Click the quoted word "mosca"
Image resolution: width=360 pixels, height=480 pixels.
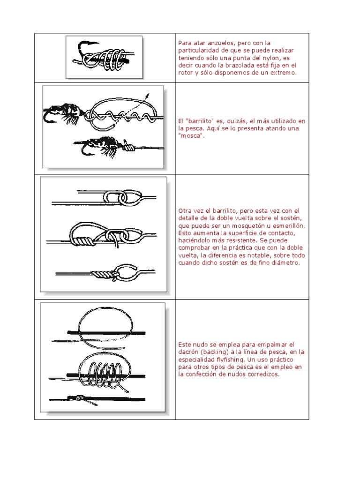coord(190,135)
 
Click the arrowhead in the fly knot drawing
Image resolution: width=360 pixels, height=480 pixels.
coord(148,96)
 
